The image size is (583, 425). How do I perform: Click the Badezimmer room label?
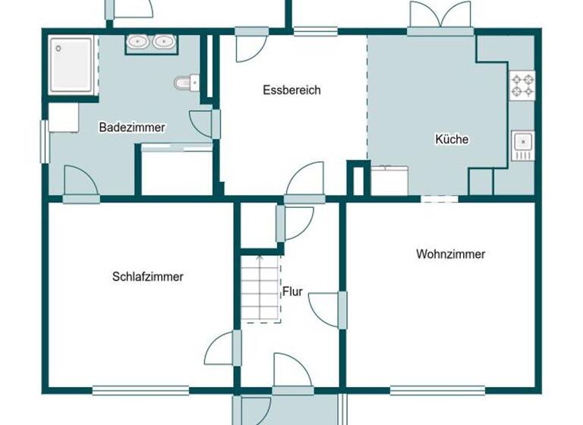point(132,127)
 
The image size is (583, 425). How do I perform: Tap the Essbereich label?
point(291,90)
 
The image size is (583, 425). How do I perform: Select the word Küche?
point(452,139)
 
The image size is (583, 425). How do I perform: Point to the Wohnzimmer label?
point(450,254)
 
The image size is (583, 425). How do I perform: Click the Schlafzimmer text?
point(147,277)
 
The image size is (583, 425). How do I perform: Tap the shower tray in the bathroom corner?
point(73,65)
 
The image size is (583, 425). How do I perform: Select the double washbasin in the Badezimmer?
point(150,42)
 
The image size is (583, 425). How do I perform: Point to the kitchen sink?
point(522,143)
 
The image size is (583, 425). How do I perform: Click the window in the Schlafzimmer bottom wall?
point(140,391)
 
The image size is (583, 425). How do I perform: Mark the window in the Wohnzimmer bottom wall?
point(437,391)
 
